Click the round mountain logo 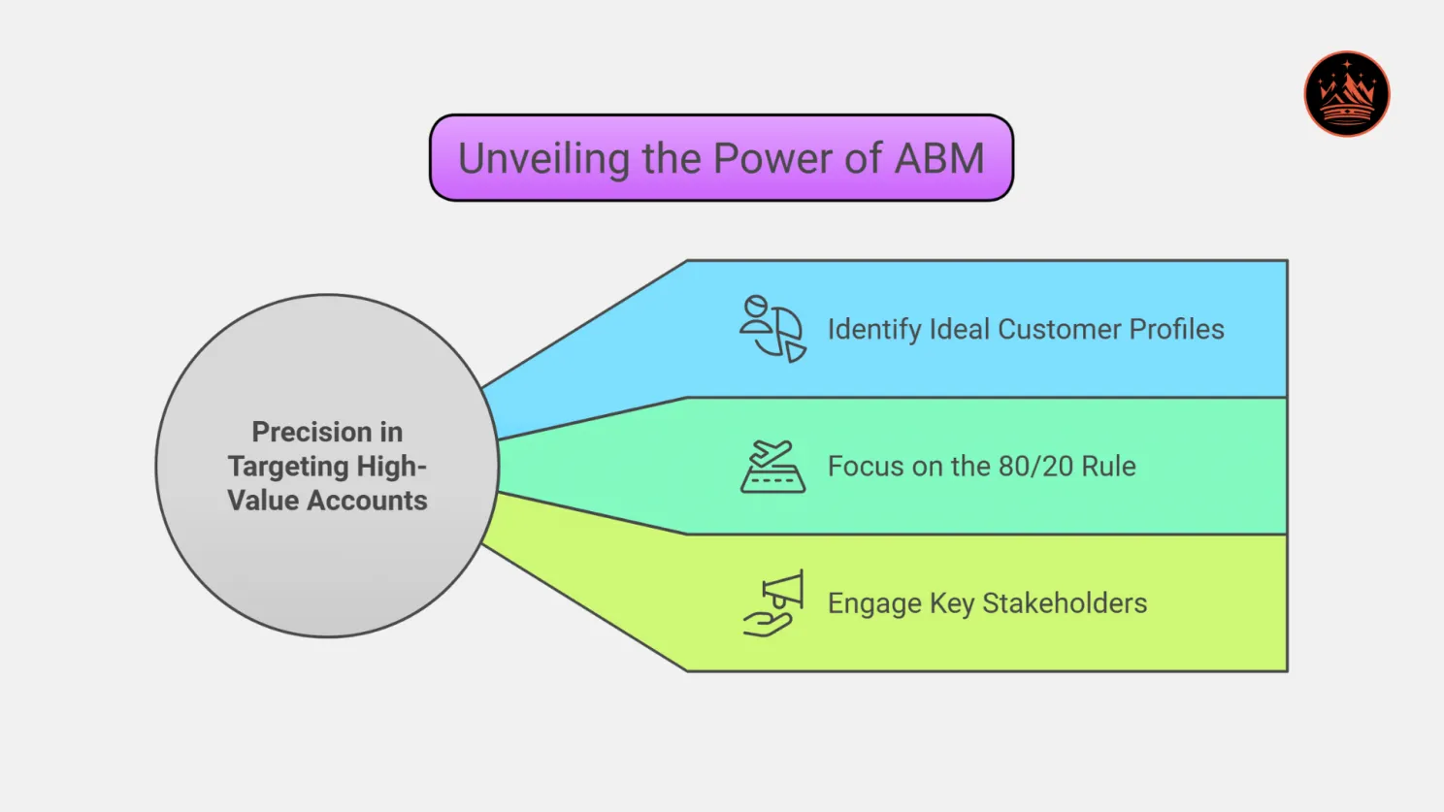(1346, 94)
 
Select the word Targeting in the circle (275, 467)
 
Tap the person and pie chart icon (772, 329)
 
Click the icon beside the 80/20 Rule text (772, 467)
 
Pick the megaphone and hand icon (773, 603)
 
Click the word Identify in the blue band (873, 330)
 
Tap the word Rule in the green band (1108, 467)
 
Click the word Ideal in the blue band (959, 330)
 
